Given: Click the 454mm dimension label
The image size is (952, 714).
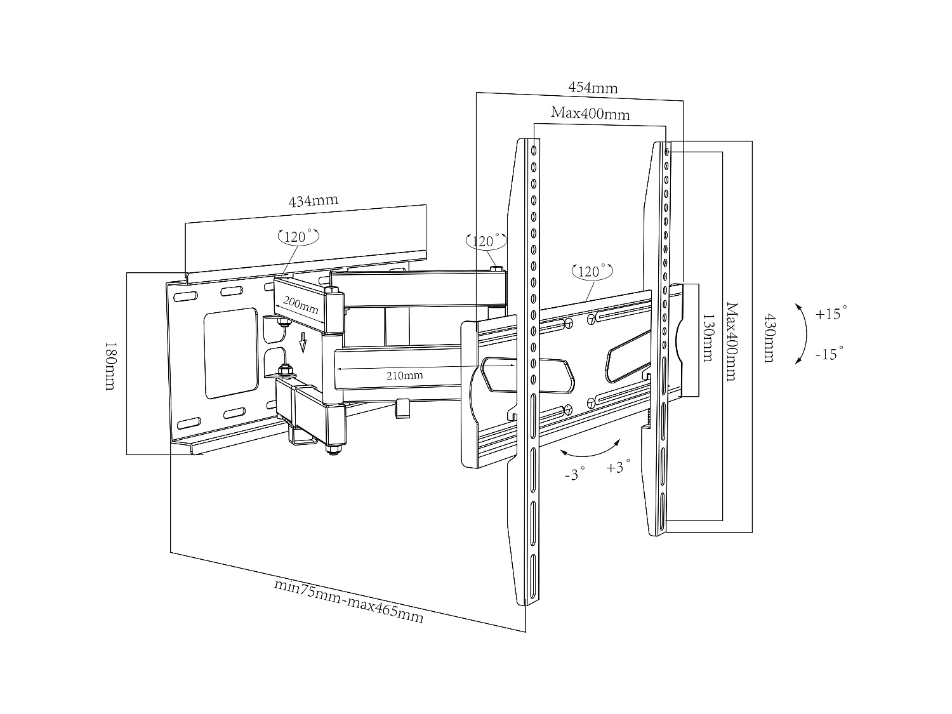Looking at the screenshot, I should coord(592,88).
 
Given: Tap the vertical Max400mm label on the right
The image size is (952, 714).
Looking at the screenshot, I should coord(731,341).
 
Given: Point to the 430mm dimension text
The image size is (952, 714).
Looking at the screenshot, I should coord(769,337).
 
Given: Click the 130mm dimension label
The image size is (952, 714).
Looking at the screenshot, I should coord(707,337).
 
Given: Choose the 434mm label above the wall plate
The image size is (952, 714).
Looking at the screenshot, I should coord(313,201).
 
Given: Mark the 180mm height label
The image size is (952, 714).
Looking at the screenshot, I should coord(110,366).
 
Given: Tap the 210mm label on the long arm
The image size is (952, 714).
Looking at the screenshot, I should coord(404,375).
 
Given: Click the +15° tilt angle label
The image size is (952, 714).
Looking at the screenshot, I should coord(831,314).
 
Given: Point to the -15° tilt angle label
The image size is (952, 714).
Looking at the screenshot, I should coord(830,354).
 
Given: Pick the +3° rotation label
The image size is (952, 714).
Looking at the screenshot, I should coord(619,466).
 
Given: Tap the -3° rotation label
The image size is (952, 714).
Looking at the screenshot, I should coord(575,473).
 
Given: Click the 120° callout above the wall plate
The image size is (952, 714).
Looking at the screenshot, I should coord(298,237).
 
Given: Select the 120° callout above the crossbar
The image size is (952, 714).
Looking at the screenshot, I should coord(592,271).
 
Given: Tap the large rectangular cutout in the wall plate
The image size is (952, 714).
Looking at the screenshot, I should coord(230,354).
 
